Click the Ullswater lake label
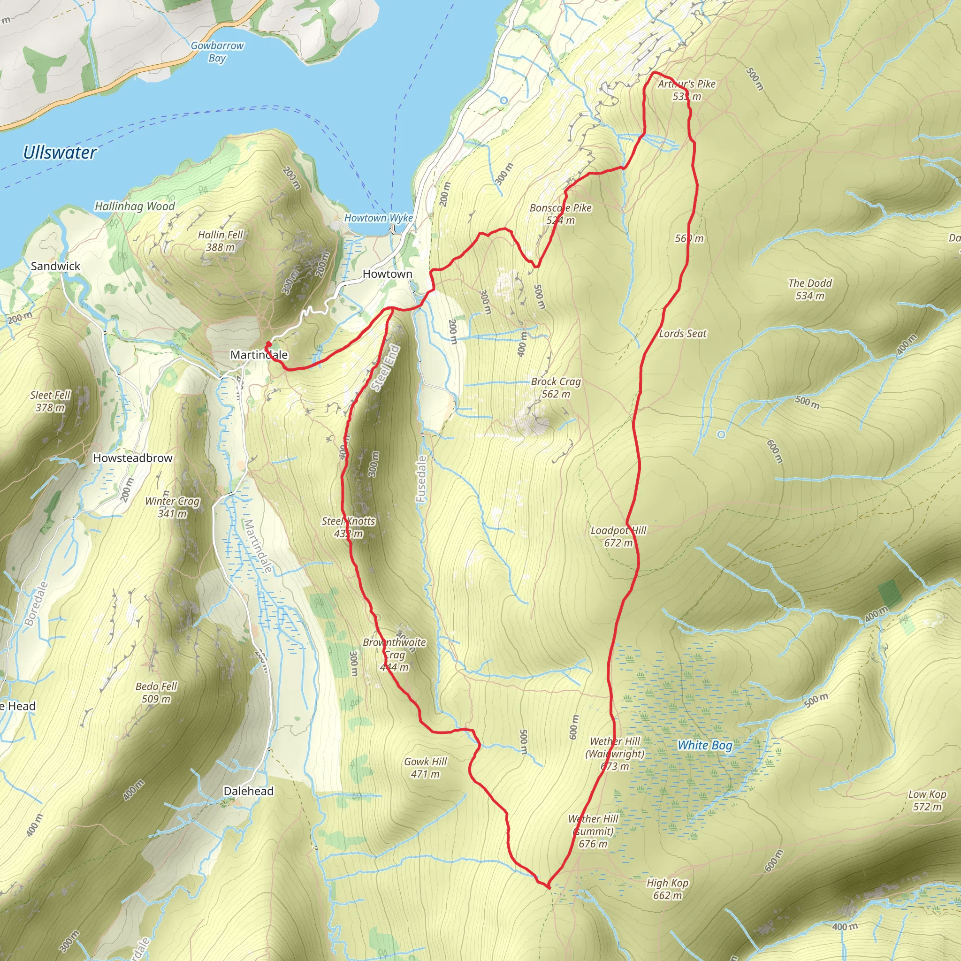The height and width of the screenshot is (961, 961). (60, 152)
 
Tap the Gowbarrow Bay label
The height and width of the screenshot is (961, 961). (217, 52)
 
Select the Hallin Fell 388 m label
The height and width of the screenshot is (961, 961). (221, 241)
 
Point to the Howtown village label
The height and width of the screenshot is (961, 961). (387, 274)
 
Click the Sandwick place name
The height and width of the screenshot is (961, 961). (55, 266)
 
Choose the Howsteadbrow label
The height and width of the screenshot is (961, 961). (133, 458)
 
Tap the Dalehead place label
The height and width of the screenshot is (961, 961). (248, 791)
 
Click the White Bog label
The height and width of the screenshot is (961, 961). (705, 745)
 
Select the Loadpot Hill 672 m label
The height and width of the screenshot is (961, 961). (618, 537)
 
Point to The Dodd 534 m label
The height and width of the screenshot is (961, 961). (810, 290)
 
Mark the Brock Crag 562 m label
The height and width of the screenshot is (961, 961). (556, 388)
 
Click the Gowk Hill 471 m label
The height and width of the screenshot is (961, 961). (425, 768)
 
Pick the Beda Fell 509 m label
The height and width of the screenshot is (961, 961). (156, 693)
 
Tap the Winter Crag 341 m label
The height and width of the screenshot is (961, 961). (172, 507)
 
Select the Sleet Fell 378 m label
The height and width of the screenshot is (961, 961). (50, 401)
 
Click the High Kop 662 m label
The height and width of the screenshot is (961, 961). (667, 889)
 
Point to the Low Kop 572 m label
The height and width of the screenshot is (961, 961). (927, 801)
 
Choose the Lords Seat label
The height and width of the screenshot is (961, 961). (682, 334)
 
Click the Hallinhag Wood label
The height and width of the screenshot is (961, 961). (135, 206)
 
